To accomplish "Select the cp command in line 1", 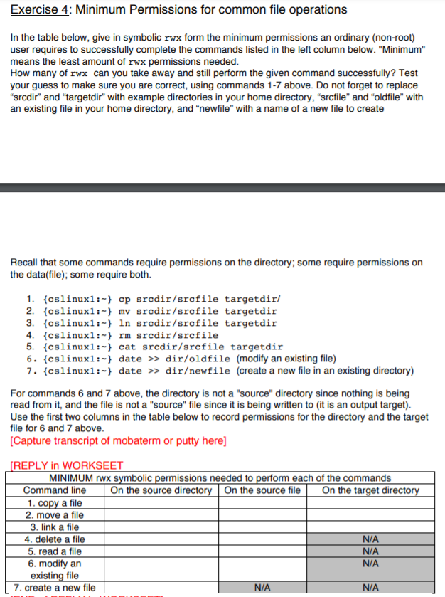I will pyautogui.click(x=124, y=299).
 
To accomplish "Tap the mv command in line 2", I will pyautogui.click(x=124, y=311).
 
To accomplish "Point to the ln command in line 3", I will pyautogui.click(x=124, y=323).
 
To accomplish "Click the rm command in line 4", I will pyautogui.click(x=124, y=335).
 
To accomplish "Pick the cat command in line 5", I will pyautogui.click(x=127, y=347).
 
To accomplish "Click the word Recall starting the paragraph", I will pyautogui.click(x=27, y=263).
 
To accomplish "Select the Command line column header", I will pyautogui.click(x=55, y=490).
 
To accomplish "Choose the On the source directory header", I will pyautogui.click(x=161, y=490).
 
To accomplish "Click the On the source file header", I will pyautogui.click(x=262, y=490).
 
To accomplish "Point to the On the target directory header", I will pyautogui.click(x=370, y=490).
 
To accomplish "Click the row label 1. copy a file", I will pyautogui.click(x=55, y=503).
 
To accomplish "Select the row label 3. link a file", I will pyautogui.click(x=55, y=527).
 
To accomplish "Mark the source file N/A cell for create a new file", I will pyautogui.click(x=262, y=588).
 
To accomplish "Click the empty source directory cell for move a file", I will pyautogui.click(x=161, y=515).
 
